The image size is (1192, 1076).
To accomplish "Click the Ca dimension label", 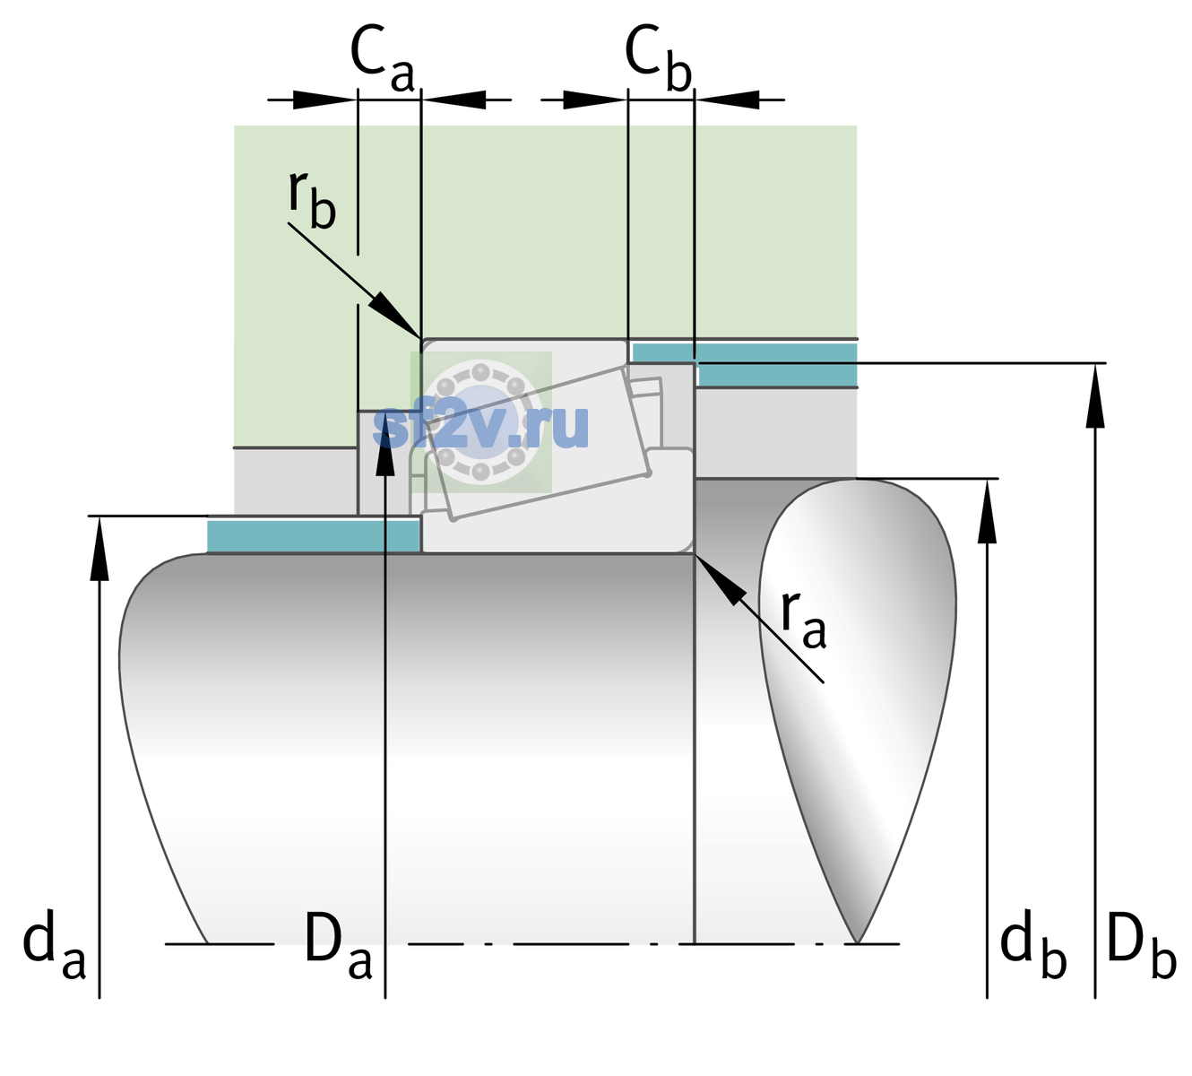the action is pos(382,59).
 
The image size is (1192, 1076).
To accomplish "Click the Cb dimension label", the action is pos(659,58).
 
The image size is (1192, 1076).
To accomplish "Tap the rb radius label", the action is pos(312,200).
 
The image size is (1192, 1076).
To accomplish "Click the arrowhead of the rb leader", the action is pos(395,315).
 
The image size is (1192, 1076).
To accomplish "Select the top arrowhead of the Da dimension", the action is pos(385,443).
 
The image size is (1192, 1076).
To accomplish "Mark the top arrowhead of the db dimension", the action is pos(987,510).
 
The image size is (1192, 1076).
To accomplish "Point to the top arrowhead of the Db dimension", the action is pos(1095,395).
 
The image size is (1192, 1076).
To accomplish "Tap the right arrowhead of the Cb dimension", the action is pos(727,100).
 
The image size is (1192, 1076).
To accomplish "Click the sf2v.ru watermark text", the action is pos(481,426).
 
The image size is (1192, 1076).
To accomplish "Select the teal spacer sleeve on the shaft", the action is pos(313,535).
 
